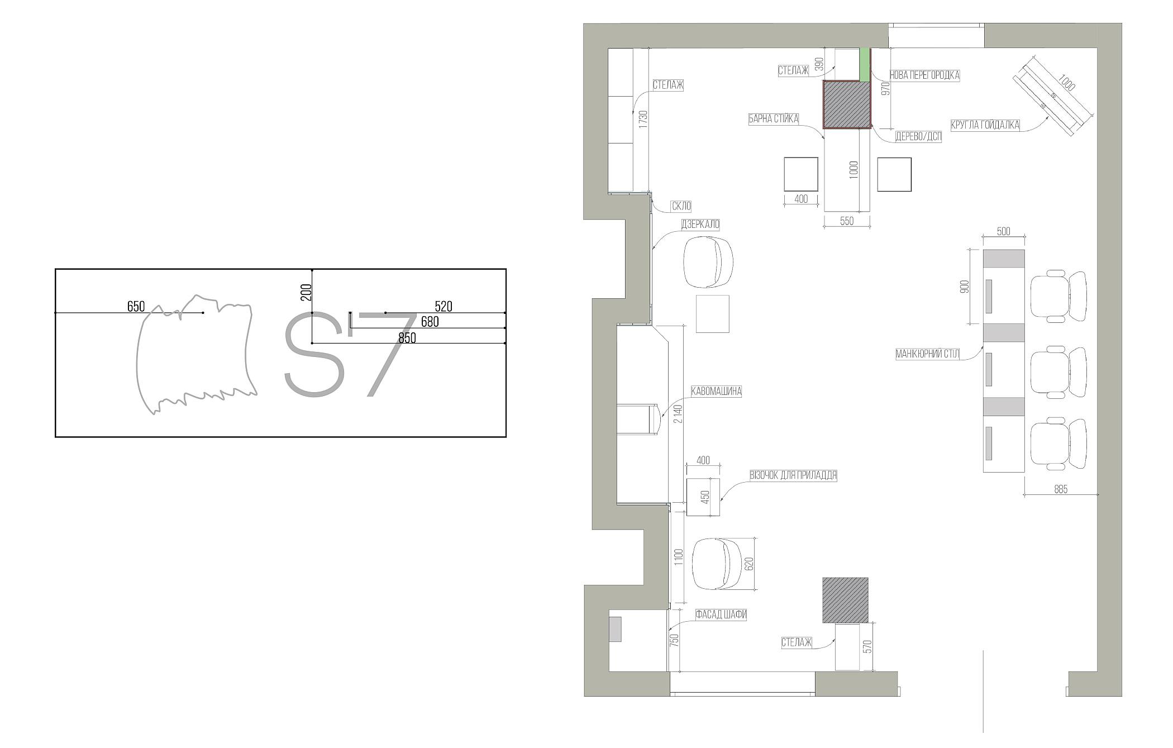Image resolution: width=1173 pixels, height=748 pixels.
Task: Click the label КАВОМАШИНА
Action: coord(716,391)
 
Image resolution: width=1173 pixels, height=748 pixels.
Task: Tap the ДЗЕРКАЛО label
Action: coord(700,225)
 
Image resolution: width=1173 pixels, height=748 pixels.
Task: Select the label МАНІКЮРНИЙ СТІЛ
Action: coord(927,354)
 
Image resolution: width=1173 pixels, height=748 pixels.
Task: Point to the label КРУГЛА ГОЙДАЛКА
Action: coord(985,125)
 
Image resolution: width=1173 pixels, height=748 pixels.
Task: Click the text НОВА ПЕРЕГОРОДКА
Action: coord(924,75)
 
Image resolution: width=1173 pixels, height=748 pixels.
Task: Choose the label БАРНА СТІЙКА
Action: coord(774,119)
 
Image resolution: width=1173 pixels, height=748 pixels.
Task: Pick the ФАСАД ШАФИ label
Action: coord(721,615)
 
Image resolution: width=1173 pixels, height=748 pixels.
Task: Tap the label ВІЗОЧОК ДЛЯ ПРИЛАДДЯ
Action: coord(793,475)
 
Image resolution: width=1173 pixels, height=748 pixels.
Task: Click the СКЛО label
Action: coord(681,206)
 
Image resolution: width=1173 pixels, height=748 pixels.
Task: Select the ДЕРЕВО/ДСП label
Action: coord(918,136)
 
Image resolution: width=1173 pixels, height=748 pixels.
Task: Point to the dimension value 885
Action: coord(1061,489)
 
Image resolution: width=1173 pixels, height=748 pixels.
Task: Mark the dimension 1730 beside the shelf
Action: coord(643,120)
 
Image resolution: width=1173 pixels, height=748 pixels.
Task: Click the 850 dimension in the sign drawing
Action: coord(407,338)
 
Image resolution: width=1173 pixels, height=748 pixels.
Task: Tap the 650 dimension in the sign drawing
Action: coord(136,306)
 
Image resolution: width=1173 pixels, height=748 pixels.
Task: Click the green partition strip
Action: coord(864,64)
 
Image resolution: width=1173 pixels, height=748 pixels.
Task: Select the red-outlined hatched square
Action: coord(847,104)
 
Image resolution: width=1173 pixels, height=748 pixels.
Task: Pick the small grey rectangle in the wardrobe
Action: coord(615,629)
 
